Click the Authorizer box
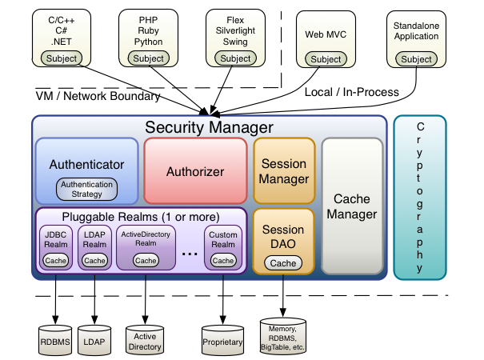coord(195,171)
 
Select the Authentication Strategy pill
coord(87,189)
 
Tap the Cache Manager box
coord(352,206)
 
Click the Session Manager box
coord(284,171)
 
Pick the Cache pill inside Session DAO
coord(283,262)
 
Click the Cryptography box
coord(419,198)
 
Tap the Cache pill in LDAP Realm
coord(94,260)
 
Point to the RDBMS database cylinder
coord(56,338)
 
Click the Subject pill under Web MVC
coord(326,59)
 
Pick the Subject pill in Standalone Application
coord(416,59)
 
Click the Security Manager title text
coord(209,127)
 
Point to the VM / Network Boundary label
coord(98,96)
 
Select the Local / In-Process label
coord(352,92)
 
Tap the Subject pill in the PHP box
coord(148,58)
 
